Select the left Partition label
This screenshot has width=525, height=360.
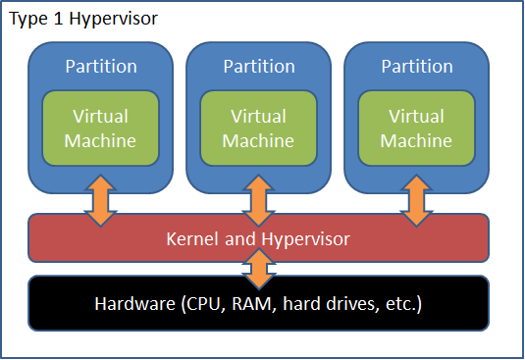100,67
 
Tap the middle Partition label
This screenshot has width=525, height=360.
258,67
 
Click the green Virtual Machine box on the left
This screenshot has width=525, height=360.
100,129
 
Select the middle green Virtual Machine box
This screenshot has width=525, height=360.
258,129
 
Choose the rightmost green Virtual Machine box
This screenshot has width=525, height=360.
416,129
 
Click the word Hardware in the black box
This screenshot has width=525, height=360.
135,304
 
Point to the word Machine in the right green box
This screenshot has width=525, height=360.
416,140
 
